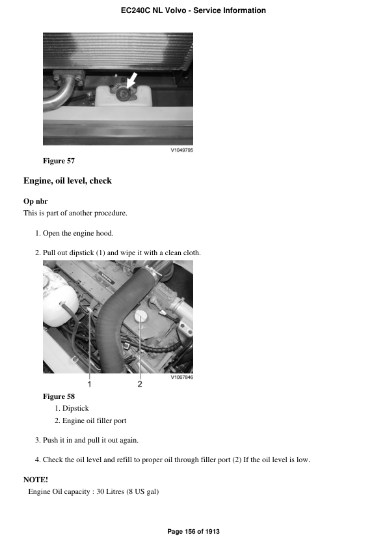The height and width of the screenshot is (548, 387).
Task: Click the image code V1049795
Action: (181, 150)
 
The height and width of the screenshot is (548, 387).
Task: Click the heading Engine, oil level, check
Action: (68, 181)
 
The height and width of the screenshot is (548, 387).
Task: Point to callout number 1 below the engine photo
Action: (90, 384)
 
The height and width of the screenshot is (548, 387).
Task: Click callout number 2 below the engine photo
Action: (139, 384)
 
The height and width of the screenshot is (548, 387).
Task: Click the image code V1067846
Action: (181, 377)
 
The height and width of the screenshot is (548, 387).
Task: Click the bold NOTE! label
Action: (36, 480)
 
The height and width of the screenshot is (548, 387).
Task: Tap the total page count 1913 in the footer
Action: (212, 532)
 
